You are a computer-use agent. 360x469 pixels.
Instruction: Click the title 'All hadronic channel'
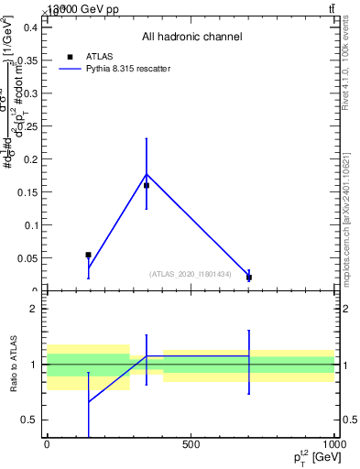pos(191,38)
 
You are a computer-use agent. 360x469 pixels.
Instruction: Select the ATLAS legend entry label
pos(98,56)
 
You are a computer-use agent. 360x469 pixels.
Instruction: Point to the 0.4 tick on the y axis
pos(31,27)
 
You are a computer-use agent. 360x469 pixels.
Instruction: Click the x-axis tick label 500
pos(191,445)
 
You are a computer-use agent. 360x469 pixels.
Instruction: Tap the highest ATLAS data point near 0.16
pos(147,185)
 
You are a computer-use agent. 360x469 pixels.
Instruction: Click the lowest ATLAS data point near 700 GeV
pos(248,277)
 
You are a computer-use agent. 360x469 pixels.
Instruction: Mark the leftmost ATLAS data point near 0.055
pos(88,255)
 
